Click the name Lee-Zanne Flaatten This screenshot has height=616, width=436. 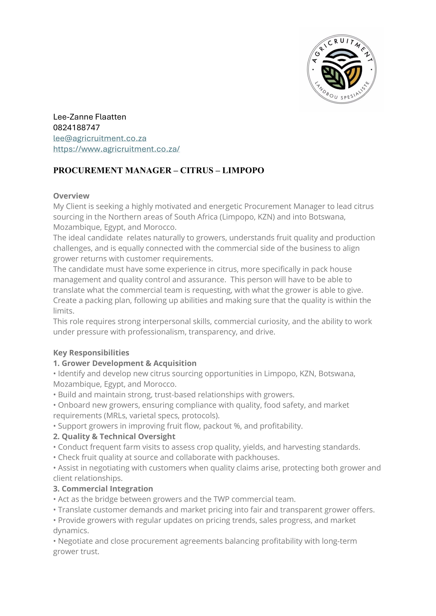pos(89,117)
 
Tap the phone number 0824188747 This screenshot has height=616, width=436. pos(76,128)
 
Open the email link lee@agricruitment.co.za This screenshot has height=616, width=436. pos(100,139)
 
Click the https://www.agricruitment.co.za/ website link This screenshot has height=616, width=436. pos(116,149)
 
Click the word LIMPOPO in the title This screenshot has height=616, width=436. pos(243,171)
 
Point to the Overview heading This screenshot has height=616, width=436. pos(71,196)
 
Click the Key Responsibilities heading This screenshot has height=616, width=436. pos(91,353)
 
